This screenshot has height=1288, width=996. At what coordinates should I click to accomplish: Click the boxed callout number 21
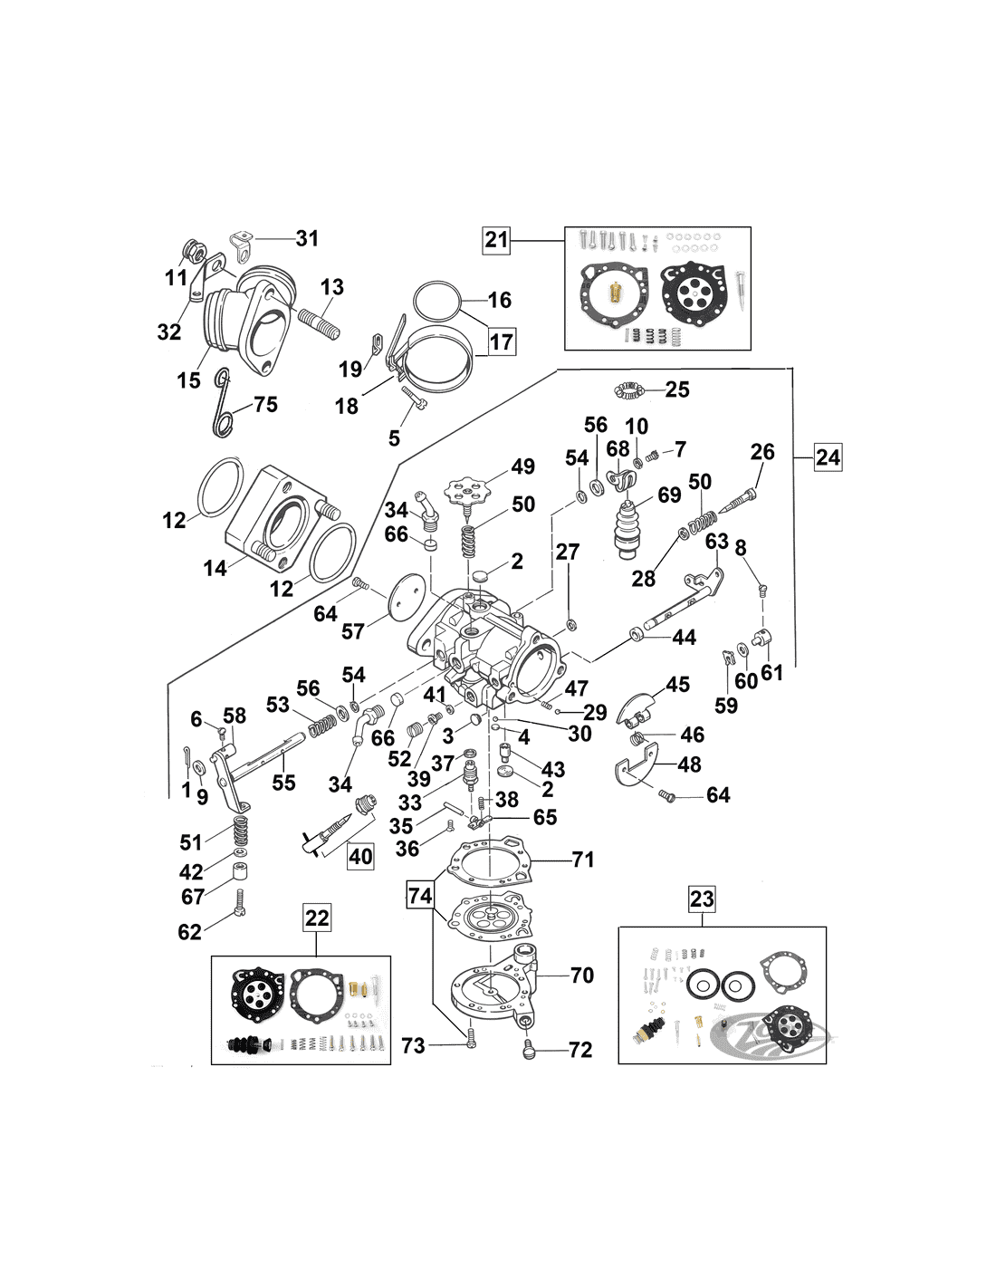point(496,240)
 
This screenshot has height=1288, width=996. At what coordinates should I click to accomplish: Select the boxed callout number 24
point(828,457)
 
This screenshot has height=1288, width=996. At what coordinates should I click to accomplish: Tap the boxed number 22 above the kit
point(317,918)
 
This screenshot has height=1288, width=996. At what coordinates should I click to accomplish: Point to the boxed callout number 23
point(702,899)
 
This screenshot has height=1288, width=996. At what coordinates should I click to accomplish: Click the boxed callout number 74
point(419,896)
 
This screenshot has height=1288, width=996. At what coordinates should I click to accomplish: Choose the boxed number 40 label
point(360,856)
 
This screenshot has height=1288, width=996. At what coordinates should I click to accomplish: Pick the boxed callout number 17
point(501,341)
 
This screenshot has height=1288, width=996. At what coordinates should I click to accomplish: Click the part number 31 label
point(308,238)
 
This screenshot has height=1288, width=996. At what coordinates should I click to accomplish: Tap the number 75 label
point(265,404)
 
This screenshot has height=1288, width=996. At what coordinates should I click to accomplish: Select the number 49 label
point(522,466)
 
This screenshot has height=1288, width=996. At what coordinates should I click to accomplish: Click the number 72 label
point(580,1050)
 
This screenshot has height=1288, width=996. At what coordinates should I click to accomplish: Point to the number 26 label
point(762,451)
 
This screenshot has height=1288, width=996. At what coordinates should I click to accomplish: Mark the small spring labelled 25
point(627,390)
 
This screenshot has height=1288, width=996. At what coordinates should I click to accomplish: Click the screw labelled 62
point(239,904)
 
